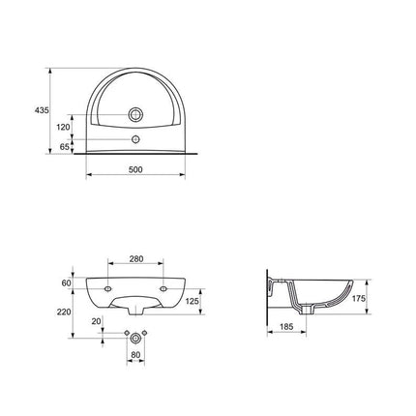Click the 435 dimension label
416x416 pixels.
tap(42, 110)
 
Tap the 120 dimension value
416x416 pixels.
tap(63, 128)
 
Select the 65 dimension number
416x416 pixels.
tap(65, 147)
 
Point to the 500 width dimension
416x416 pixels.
tap(135, 169)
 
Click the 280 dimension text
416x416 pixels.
tap(136, 259)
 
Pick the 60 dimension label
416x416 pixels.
tap(66, 283)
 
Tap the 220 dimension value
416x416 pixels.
tap(64, 312)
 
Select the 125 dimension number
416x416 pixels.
tap(193, 301)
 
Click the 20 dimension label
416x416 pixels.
tap(97, 321)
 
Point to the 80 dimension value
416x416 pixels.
tap(135, 355)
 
